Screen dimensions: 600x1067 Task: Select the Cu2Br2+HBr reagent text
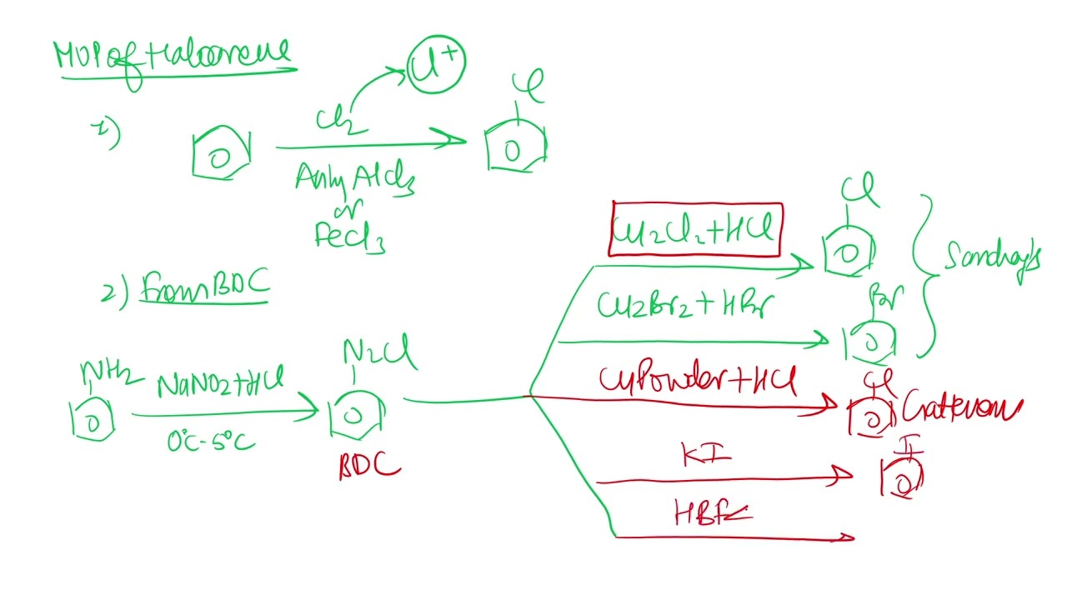coord(685,306)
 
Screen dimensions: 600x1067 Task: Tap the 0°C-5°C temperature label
coord(210,439)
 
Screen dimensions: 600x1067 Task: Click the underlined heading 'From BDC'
coord(205,286)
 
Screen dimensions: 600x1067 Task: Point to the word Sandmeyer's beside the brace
coord(992,257)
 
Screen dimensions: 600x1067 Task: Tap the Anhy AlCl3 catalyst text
coord(354,178)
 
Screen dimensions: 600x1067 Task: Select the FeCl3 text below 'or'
coord(349,236)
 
